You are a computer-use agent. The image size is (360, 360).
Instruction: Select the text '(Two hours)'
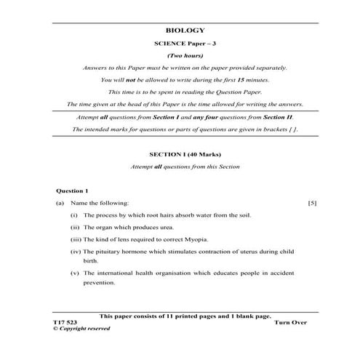[185, 55]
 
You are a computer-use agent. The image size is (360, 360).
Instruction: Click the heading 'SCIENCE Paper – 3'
[185, 44]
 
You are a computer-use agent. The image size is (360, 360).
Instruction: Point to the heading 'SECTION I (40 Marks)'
[185, 155]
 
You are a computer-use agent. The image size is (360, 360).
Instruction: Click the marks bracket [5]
[312, 203]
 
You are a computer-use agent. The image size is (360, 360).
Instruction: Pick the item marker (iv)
[76, 251]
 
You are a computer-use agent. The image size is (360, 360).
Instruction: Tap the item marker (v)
[76, 273]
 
